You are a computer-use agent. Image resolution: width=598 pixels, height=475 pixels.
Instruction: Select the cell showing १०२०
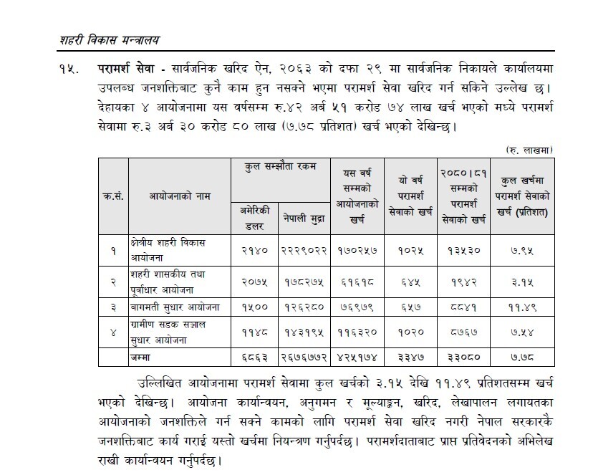pyautogui.click(x=407, y=332)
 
